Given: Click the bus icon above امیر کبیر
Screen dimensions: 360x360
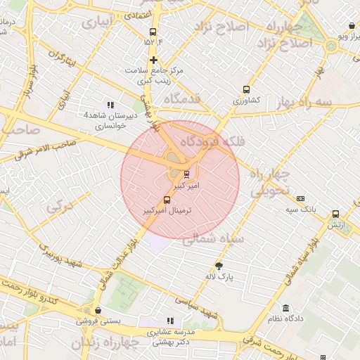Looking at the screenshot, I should (186, 174).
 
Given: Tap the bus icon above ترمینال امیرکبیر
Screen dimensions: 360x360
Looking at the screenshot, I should (167, 199).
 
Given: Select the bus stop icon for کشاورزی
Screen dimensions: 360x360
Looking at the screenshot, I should (246, 89).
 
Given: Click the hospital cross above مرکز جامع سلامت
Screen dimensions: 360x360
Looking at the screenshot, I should (153, 60).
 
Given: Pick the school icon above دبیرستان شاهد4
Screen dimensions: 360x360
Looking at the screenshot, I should (109, 104).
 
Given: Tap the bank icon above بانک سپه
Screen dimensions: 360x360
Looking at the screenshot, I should (300, 199).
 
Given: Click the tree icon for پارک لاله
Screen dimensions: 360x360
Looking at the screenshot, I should (219, 266).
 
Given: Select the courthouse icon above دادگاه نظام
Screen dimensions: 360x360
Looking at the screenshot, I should (285, 308).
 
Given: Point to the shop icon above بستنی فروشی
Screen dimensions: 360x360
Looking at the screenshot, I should (97, 310).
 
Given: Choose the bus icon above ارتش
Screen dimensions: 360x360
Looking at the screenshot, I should (335, 213).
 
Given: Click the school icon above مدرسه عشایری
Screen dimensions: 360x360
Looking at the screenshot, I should (169, 321).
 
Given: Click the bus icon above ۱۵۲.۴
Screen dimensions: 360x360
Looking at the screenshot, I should (153, 32).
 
